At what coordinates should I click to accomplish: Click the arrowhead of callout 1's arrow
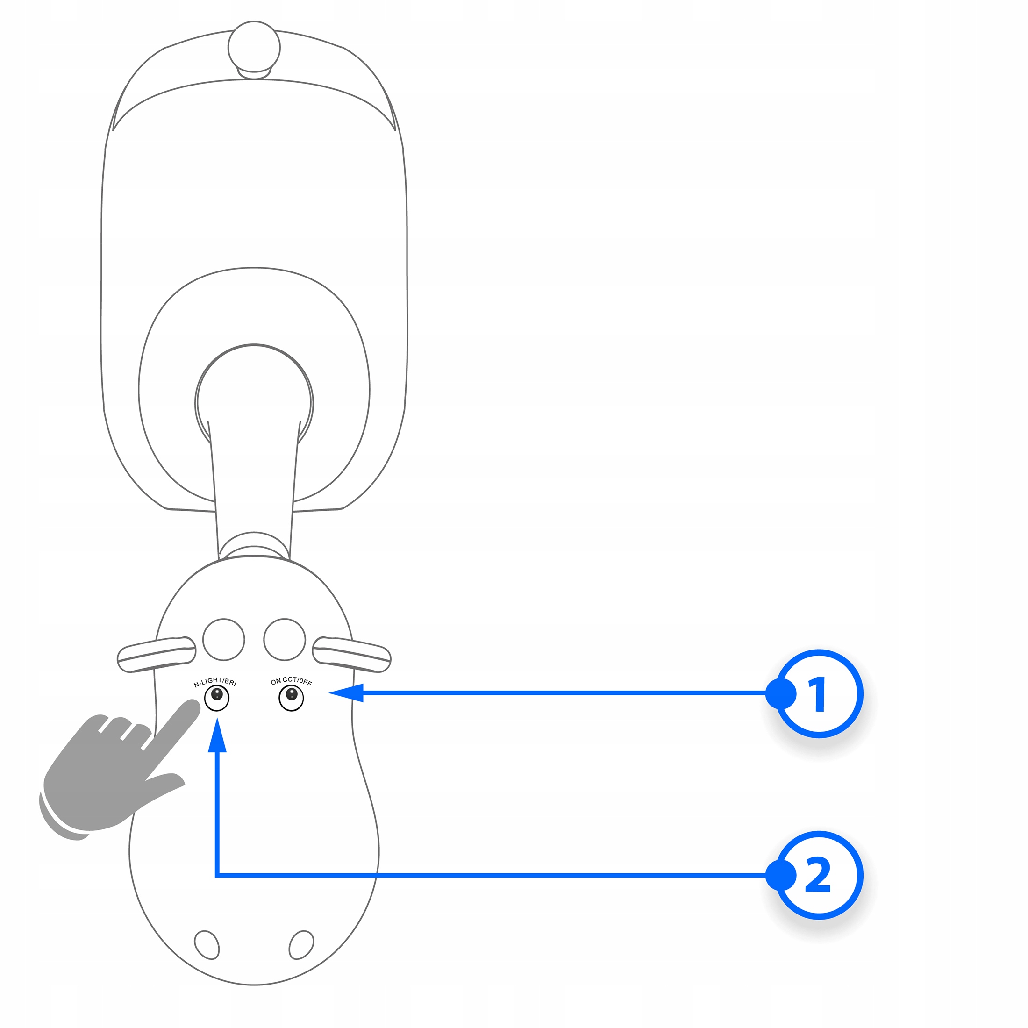coord(346,693)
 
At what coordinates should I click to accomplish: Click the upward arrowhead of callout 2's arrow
coord(217,735)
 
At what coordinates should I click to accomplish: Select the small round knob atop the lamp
coord(254,47)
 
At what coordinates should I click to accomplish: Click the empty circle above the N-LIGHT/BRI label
coord(224,639)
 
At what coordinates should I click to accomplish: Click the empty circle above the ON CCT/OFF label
coord(285,639)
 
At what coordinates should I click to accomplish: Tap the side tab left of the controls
coord(157,654)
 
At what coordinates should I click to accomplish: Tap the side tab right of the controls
coord(352,654)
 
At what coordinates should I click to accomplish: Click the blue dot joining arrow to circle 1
coord(780,693)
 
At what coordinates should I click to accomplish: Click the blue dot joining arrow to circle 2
coord(780,875)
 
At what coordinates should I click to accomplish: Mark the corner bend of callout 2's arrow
coord(217,875)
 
